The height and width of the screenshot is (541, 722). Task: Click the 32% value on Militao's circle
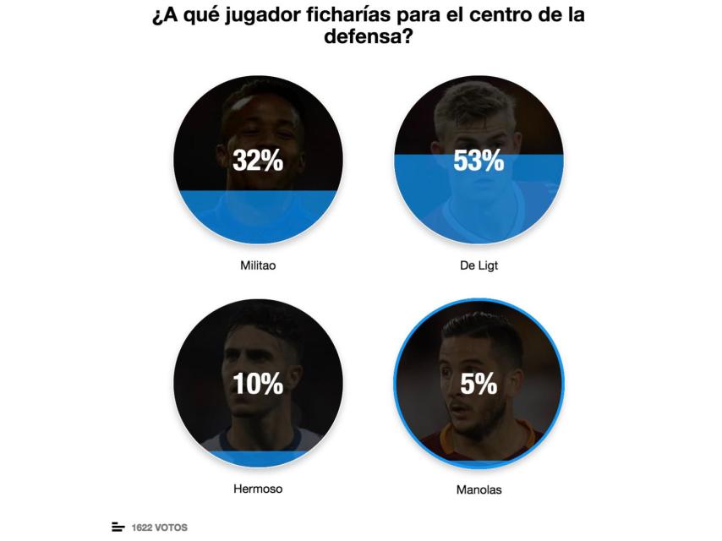[258, 161]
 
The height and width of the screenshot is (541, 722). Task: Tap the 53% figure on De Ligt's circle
[479, 161]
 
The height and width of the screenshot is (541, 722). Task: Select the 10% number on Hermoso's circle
[258, 384]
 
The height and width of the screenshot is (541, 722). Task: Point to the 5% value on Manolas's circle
[479, 384]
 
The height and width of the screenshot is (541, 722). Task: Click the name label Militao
[258, 265]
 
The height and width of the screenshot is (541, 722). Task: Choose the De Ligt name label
[479, 265]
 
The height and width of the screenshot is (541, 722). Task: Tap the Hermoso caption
[258, 488]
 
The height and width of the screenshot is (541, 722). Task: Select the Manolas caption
[479, 489]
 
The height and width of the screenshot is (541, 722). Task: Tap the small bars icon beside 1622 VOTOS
[118, 527]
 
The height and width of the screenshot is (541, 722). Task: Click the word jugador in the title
[245, 16]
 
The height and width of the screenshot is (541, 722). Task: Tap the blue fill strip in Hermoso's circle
[258, 459]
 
